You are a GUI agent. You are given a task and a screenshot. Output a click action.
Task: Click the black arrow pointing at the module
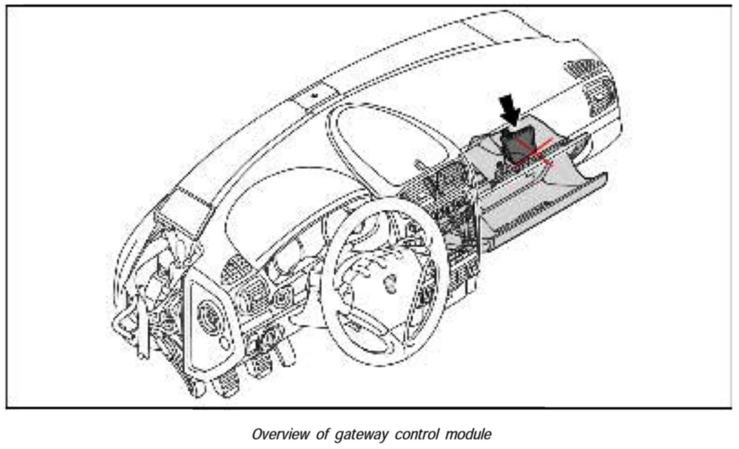[510, 109]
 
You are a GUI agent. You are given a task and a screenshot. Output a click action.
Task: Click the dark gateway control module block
[516, 143]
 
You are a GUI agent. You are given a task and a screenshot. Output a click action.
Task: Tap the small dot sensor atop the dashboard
[315, 95]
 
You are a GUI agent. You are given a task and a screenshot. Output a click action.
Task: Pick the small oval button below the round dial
[225, 343]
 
